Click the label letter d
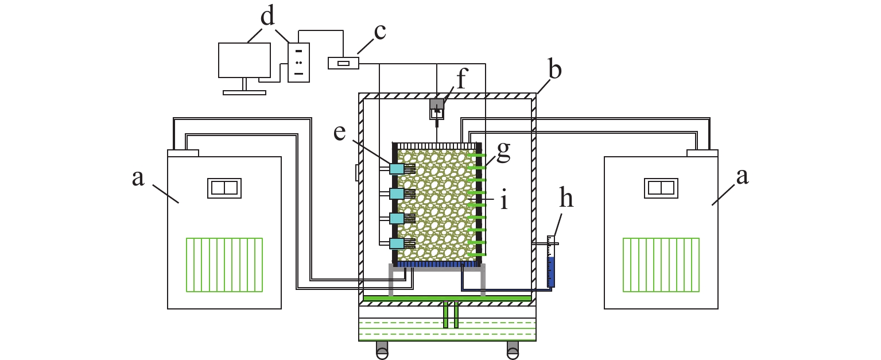point(267,17)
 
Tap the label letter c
point(379,32)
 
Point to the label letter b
point(554,69)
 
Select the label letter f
point(461,79)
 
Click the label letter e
point(339,133)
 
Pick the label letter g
point(503,152)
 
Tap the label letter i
point(504,199)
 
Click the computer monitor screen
point(244,60)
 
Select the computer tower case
point(298,63)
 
